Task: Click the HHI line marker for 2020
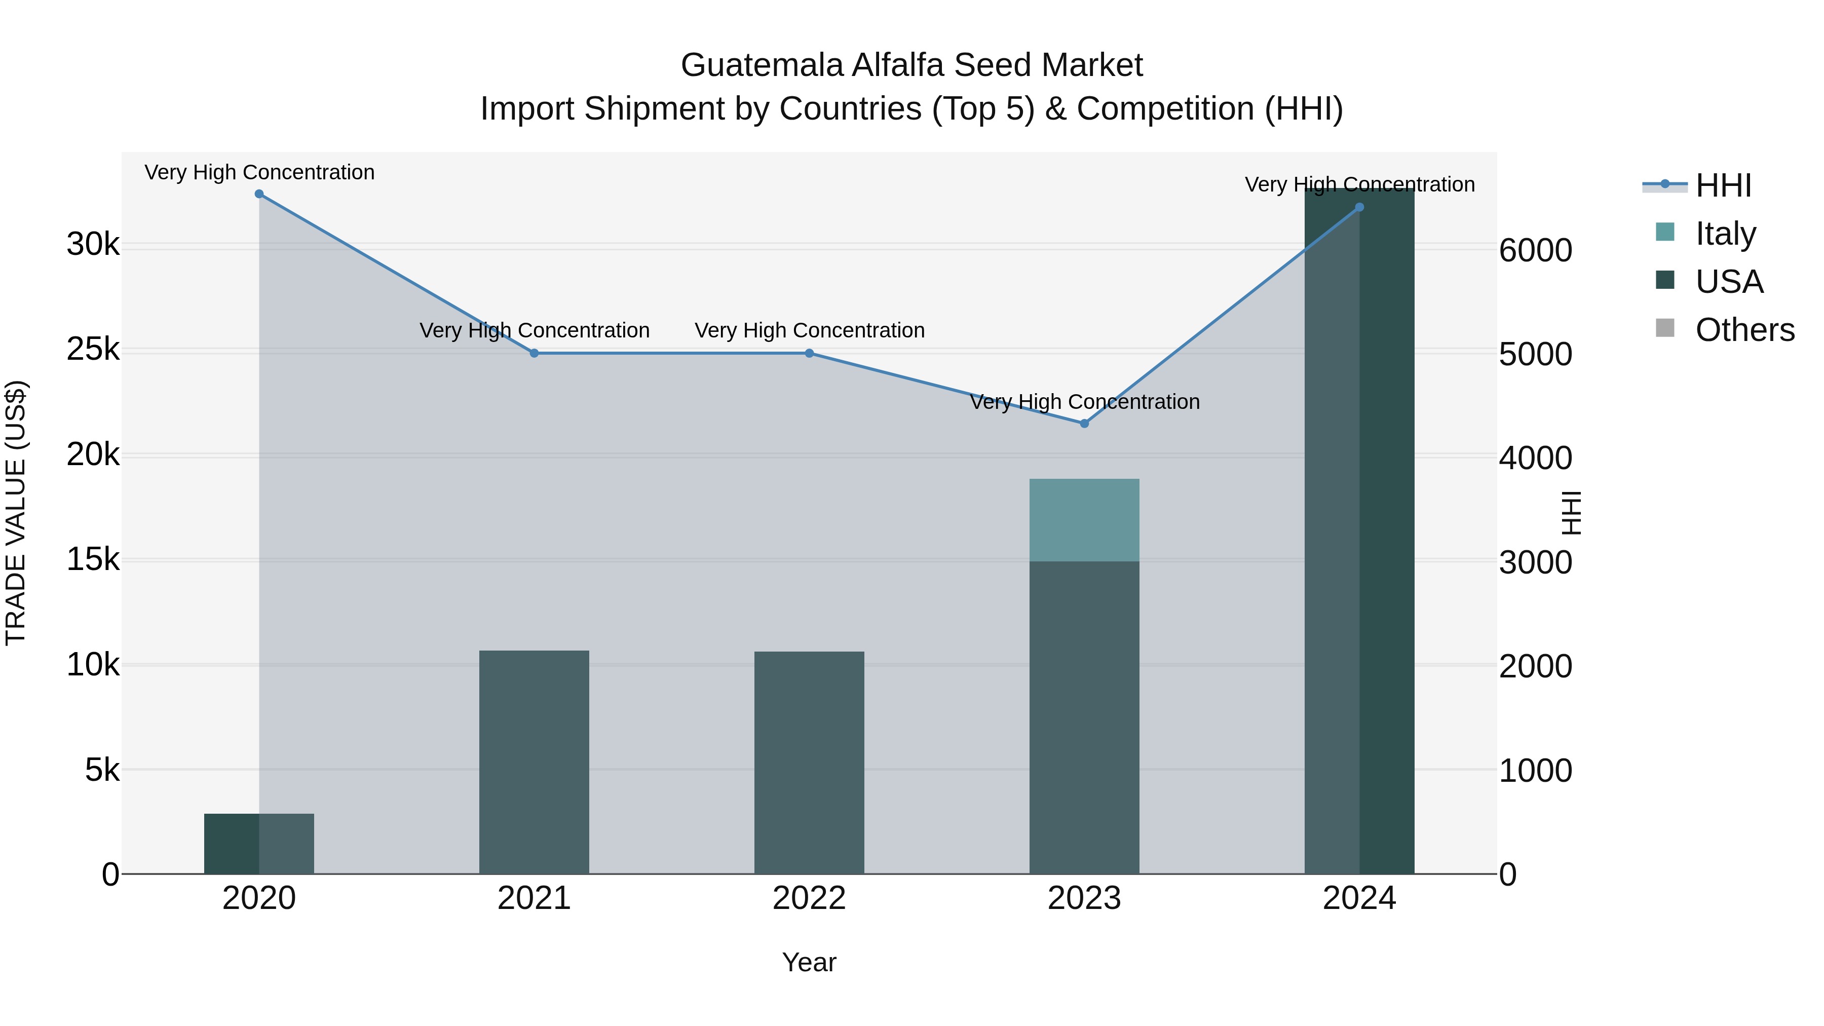(259, 194)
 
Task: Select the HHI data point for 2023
(1084, 424)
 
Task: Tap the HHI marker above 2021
(535, 353)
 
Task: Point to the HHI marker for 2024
(1359, 207)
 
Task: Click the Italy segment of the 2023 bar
(1084, 520)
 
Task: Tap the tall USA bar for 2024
(1359, 531)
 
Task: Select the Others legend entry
(1744, 330)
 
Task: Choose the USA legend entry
(1728, 282)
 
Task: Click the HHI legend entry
(1722, 185)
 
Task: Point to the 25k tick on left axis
(93, 350)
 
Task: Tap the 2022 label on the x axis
(809, 898)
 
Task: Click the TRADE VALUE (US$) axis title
(16, 513)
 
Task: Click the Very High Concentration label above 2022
(809, 331)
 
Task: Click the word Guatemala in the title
(762, 65)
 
